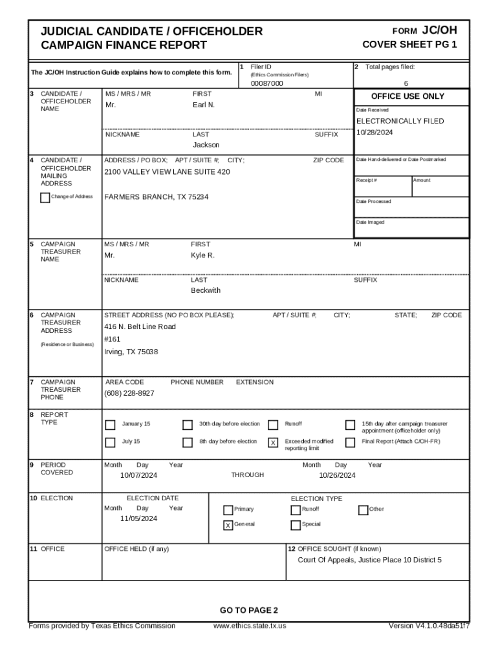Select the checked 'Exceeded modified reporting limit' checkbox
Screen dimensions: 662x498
coord(273,443)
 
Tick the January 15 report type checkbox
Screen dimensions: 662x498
coord(110,425)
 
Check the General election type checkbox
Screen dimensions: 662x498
coord(228,525)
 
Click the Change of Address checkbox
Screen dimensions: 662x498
coord(45,198)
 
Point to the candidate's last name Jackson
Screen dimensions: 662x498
coord(206,145)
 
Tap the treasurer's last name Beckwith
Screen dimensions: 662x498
coord(205,290)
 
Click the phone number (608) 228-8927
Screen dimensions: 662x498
coord(129,393)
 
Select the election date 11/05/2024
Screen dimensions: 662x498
coord(138,518)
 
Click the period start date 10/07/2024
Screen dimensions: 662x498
coord(138,475)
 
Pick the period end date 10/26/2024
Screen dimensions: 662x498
coord(337,475)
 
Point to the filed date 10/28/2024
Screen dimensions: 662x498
coord(374,132)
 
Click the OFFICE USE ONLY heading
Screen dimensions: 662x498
coord(407,96)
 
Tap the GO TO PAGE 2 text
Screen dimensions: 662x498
coord(249,610)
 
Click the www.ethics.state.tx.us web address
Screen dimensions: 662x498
coord(250,626)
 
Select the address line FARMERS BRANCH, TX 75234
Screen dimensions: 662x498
coord(157,197)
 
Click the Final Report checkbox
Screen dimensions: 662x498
coord(350,443)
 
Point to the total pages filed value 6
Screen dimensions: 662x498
coord(406,83)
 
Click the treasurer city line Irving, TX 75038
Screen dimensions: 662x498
coord(131,352)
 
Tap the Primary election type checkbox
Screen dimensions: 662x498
coord(228,509)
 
